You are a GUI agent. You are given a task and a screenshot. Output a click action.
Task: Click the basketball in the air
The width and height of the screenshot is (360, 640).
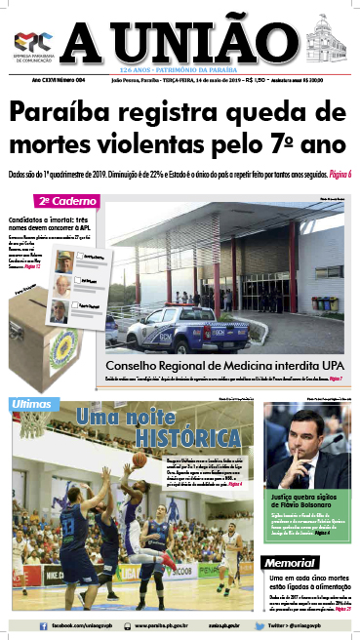[140, 460]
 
